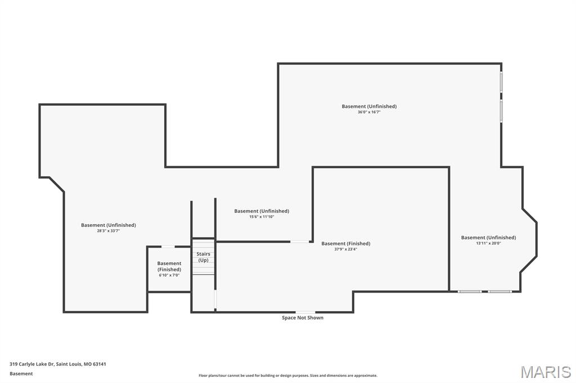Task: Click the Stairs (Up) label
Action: coord(203,257)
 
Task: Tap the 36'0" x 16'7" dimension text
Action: coord(369,112)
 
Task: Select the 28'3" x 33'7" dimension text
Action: coord(109,231)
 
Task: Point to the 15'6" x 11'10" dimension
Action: coord(262,217)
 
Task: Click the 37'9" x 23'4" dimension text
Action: coord(346,249)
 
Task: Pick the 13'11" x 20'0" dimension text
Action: coord(489,243)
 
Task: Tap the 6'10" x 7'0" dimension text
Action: coord(169,275)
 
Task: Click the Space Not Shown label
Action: coord(303,318)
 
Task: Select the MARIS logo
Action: coord(546,372)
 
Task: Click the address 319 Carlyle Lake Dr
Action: coord(32,364)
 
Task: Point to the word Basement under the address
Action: coord(21,373)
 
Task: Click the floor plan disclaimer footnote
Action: coord(288,375)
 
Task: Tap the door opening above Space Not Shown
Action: coord(305,312)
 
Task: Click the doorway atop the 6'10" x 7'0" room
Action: coord(168,247)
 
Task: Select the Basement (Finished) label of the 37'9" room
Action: coord(346,243)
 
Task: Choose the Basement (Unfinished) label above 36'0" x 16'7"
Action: coord(369,106)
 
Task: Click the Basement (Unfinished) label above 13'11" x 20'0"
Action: coord(489,238)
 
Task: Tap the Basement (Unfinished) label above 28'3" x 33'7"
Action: coord(109,225)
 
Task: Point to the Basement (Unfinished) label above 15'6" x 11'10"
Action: coord(262,211)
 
